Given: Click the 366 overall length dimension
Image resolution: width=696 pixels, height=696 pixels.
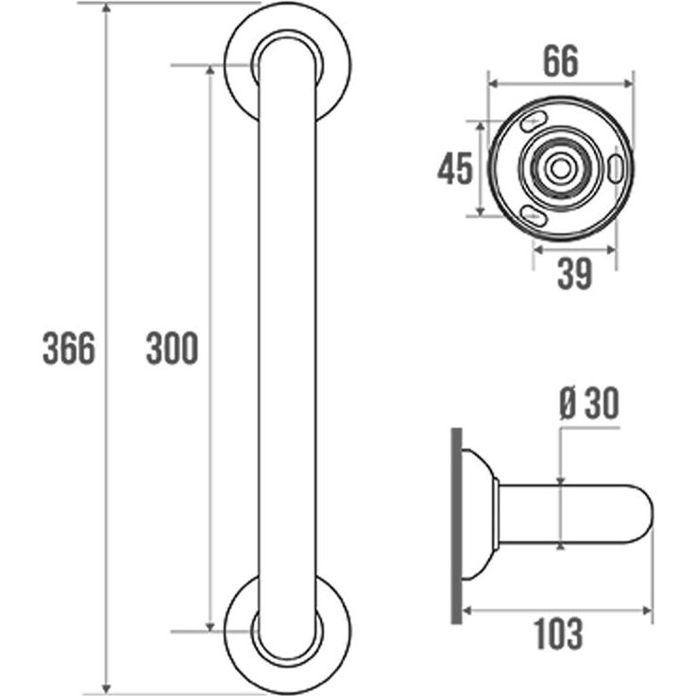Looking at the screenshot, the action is [x=69, y=348].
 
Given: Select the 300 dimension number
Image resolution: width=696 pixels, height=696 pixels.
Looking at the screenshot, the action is [x=172, y=348].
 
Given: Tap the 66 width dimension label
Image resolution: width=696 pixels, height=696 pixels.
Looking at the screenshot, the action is [x=561, y=60].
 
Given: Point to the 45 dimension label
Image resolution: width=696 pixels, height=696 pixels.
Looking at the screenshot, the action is [x=455, y=168].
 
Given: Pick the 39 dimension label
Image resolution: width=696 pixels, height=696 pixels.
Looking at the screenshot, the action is [x=575, y=274].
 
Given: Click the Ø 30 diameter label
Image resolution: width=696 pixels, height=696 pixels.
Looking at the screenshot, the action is [x=589, y=403].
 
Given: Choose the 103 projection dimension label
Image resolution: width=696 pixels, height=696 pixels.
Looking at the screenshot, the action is [x=558, y=634].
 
